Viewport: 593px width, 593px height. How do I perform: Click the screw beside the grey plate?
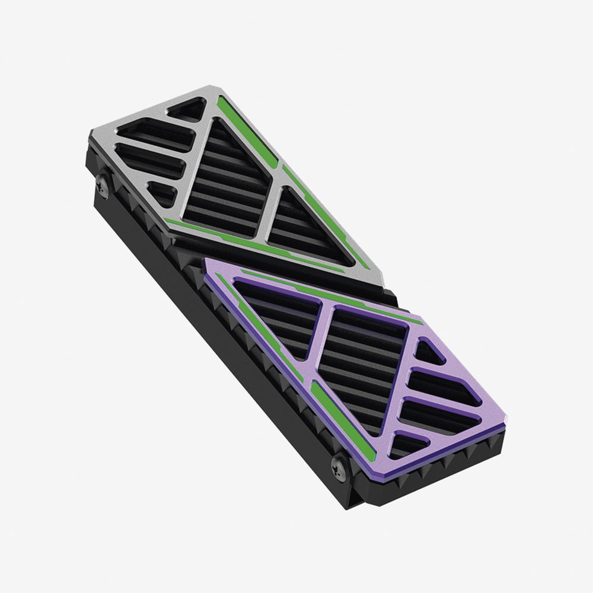coord(102,186)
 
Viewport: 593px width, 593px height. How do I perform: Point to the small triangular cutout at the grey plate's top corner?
coord(189,110)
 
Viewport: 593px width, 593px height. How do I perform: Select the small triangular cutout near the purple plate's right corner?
coord(428,353)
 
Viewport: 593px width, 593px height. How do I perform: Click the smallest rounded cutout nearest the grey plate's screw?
coord(162,194)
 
